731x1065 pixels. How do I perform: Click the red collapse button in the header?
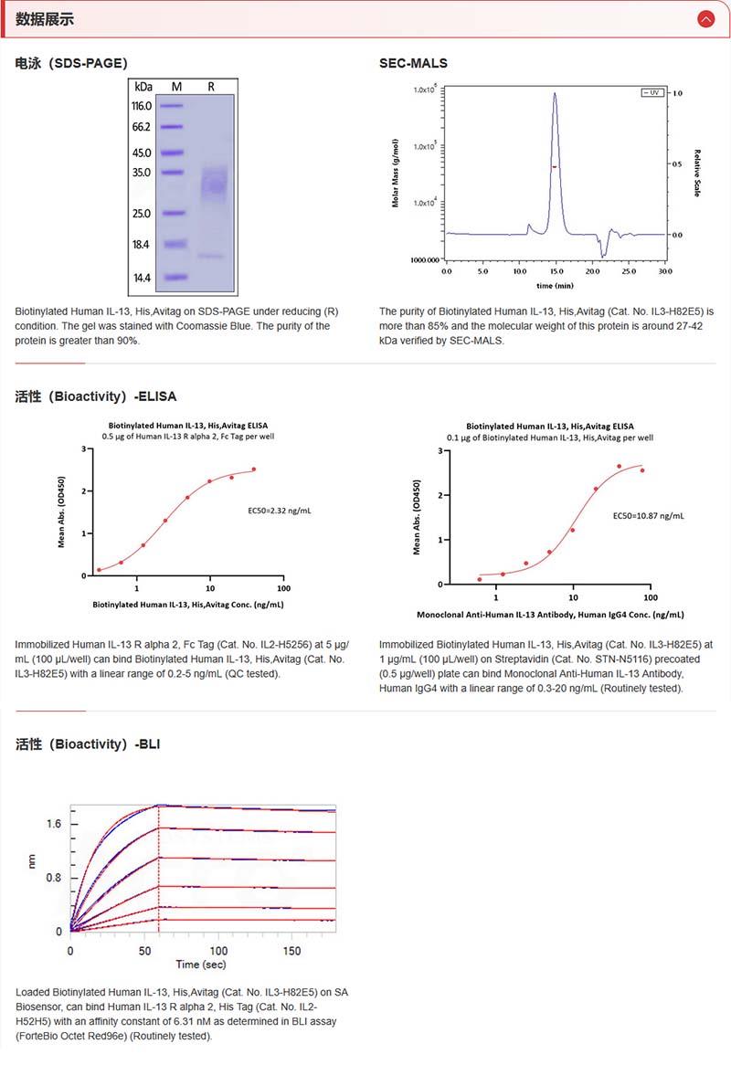[705, 18]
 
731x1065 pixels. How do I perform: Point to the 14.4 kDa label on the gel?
[142, 277]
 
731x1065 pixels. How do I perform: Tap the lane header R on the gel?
[211, 86]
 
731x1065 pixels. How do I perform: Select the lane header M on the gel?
[176, 86]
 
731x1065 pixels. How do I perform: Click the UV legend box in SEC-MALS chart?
[652, 93]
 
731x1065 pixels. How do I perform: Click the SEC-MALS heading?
[413, 63]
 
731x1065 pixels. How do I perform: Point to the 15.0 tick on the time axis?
[556, 271]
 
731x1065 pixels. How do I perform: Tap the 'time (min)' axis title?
[556, 286]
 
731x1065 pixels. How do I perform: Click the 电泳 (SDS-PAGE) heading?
[71, 63]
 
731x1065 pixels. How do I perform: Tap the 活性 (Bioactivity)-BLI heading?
[88, 743]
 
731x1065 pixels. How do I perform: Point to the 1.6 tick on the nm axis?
[54, 824]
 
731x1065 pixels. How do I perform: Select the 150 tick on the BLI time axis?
[291, 950]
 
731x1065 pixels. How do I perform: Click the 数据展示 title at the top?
[45, 19]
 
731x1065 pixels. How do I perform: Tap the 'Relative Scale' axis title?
[697, 174]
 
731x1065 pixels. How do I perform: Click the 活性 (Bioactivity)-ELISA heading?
[96, 396]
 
